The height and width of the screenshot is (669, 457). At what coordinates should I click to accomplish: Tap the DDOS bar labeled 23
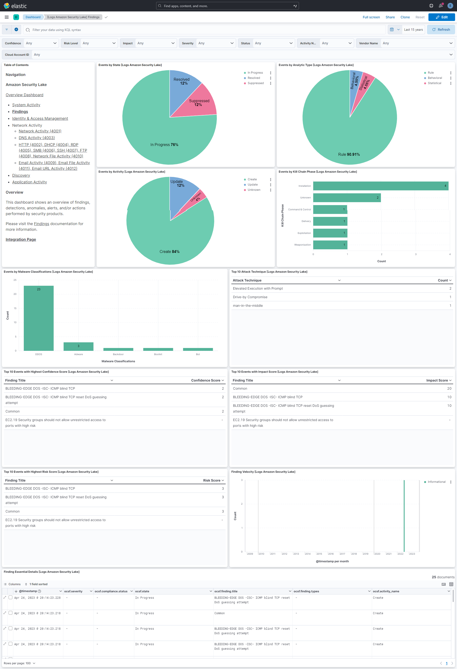(x=39, y=318)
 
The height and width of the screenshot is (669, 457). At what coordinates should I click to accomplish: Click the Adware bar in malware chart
(x=78, y=346)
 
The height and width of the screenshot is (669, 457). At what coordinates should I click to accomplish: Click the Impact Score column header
(x=437, y=380)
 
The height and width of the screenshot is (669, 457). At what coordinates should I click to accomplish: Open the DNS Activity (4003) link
(x=37, y=138)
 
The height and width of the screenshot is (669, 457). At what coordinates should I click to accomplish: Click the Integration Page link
(x=21, y=240)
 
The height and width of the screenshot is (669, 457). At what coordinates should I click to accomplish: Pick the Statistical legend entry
(x=434, y=83)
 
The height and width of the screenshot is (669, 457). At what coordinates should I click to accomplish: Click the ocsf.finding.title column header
(x=226, y=591)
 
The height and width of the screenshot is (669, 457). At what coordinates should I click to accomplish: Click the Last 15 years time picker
(x=413, y=30)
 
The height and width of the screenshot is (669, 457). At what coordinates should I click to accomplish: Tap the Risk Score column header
(x=212, y=480)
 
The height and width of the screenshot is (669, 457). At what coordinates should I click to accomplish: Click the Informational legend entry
(x=436, y=482)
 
